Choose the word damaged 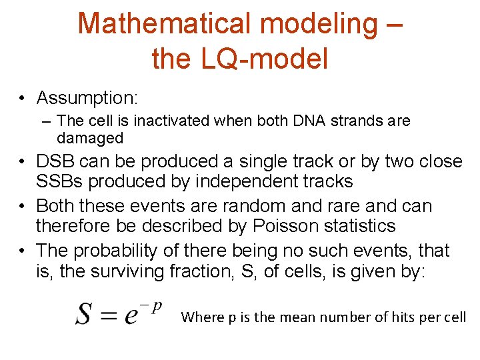tap(90, 139)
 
